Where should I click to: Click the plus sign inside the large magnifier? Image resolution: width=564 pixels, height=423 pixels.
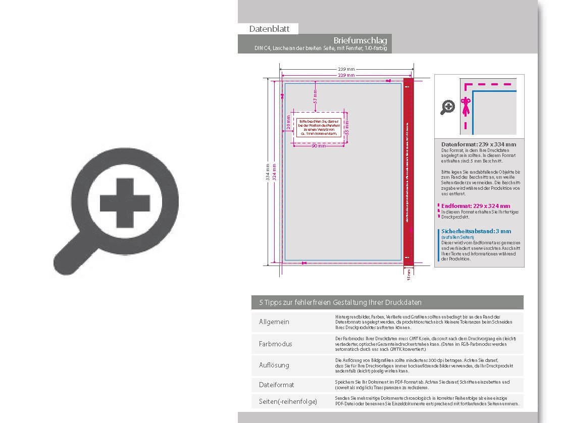125,203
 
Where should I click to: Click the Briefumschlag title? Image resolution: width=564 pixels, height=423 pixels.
361,40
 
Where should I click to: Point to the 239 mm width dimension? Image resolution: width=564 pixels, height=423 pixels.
346,69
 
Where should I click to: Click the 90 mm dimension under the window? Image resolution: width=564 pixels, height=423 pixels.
319,146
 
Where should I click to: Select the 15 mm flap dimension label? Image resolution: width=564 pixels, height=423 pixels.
409,275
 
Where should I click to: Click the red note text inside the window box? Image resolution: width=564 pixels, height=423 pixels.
318,128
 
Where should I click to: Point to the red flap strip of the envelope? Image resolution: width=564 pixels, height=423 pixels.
408,172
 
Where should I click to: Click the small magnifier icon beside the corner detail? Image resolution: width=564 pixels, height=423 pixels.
448,107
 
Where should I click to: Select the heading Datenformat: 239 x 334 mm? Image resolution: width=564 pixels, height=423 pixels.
478,144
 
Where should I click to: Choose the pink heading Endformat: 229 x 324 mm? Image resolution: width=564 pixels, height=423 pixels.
475,206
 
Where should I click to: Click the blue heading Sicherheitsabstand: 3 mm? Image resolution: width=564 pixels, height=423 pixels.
476,231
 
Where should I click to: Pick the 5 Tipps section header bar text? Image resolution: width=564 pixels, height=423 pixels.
340,302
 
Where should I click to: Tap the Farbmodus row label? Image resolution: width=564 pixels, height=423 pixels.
276,344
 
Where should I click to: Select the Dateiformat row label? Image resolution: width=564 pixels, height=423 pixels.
276,385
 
